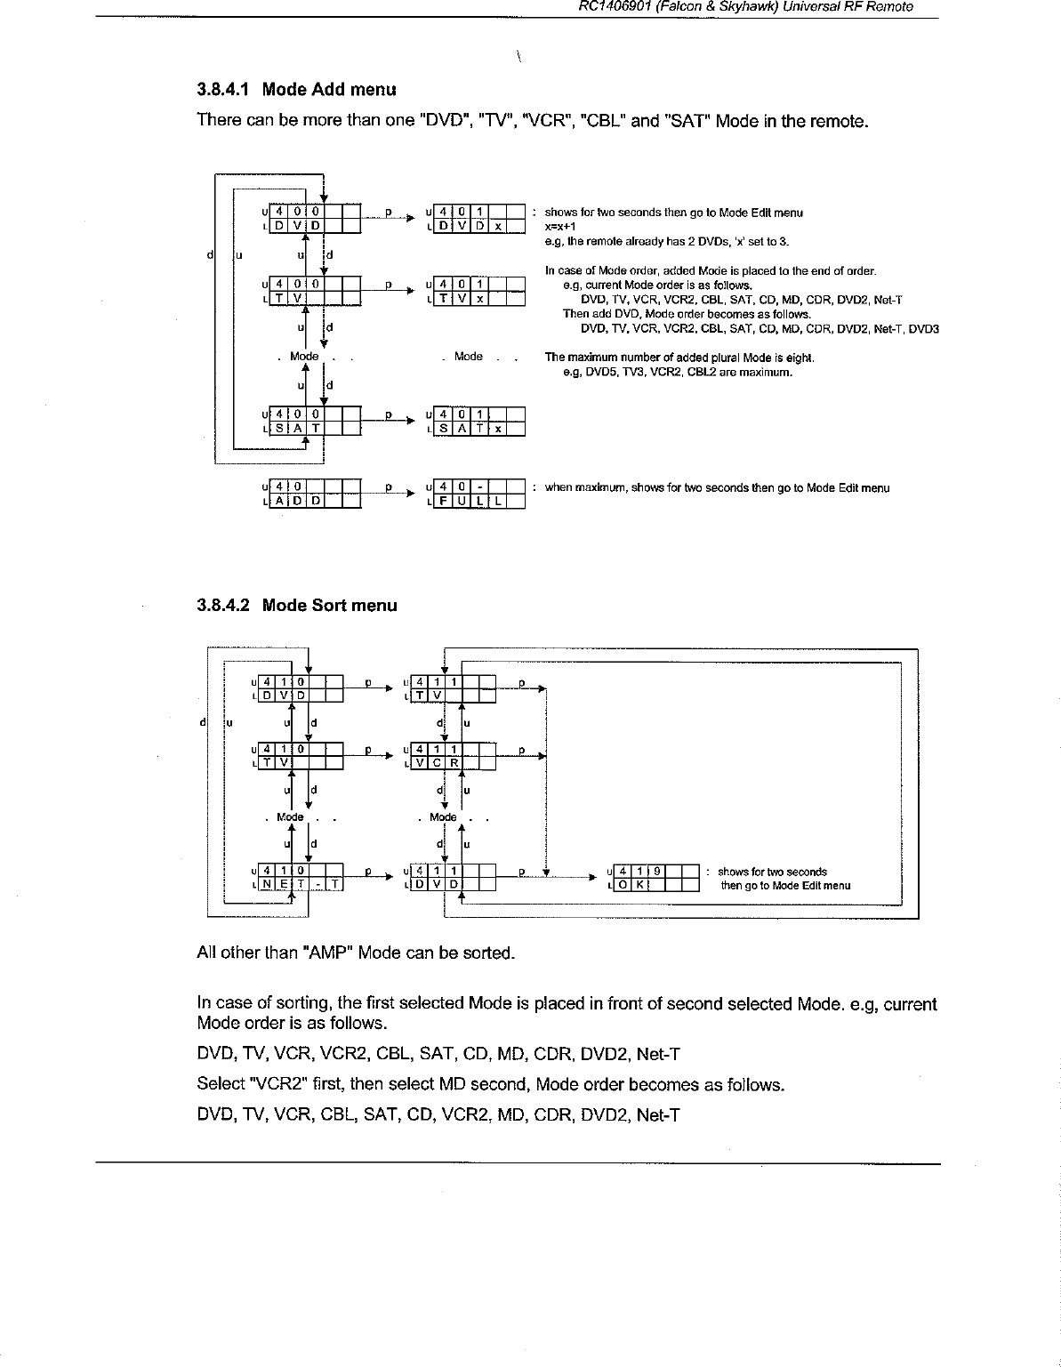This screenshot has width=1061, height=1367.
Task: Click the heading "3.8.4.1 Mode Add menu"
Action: [296, 90]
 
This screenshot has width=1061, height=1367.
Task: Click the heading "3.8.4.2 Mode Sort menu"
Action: [297, 606]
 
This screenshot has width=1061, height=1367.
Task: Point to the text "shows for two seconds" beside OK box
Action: [772, 872]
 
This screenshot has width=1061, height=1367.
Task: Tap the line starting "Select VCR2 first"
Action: [490, 1085]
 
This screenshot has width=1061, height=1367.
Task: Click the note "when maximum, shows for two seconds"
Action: [717, 488]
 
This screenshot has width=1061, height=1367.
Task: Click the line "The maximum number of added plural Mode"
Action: [679, 358]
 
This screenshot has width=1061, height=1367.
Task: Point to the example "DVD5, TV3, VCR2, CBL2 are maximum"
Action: [678, 373]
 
